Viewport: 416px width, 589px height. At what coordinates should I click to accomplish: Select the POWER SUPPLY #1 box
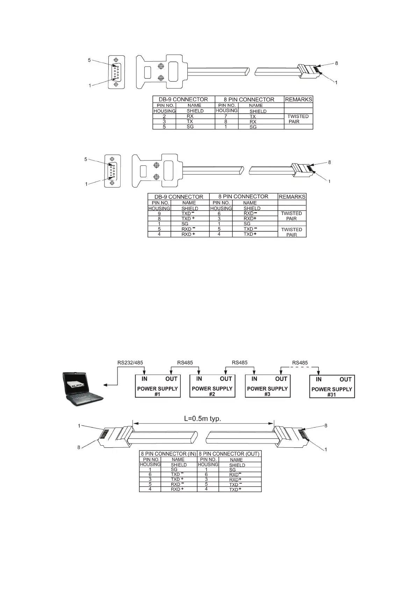tap(158, 386)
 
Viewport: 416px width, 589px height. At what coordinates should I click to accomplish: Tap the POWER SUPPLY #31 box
tap(332, 386)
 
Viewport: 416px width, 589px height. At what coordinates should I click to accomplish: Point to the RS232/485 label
tap(130, 363)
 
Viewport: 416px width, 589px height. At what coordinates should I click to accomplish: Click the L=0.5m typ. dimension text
tap(203, 418)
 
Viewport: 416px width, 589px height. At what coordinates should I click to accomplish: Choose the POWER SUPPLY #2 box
tap(212, 386)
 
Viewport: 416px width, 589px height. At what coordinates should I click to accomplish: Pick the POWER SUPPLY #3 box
tap(267, 386)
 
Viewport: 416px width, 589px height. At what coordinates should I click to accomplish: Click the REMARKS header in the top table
tap(299, 99)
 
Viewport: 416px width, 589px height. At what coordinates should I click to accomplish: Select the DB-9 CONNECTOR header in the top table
tap(184, 99)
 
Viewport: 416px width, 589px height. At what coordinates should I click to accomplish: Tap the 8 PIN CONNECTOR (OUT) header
tap(229, 454)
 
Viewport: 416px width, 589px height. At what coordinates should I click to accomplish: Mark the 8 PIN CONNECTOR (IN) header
tap(168, 454)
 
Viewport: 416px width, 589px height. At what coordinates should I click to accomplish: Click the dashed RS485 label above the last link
tap(300, 363)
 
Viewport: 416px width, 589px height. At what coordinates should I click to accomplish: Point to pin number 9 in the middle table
tap(159, 213)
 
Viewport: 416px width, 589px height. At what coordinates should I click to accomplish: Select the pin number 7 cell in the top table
tap(226, 116)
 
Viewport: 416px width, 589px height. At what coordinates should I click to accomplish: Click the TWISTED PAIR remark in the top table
tap(298, 119)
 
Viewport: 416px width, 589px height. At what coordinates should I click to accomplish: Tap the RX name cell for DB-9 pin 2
tap(190, 116)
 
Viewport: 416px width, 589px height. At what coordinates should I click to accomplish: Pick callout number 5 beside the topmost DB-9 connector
tap(89, 60)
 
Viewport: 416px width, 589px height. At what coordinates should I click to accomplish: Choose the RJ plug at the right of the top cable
tap(308, 71)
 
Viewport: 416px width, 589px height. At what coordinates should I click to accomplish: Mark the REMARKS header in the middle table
tap(292, 197)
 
